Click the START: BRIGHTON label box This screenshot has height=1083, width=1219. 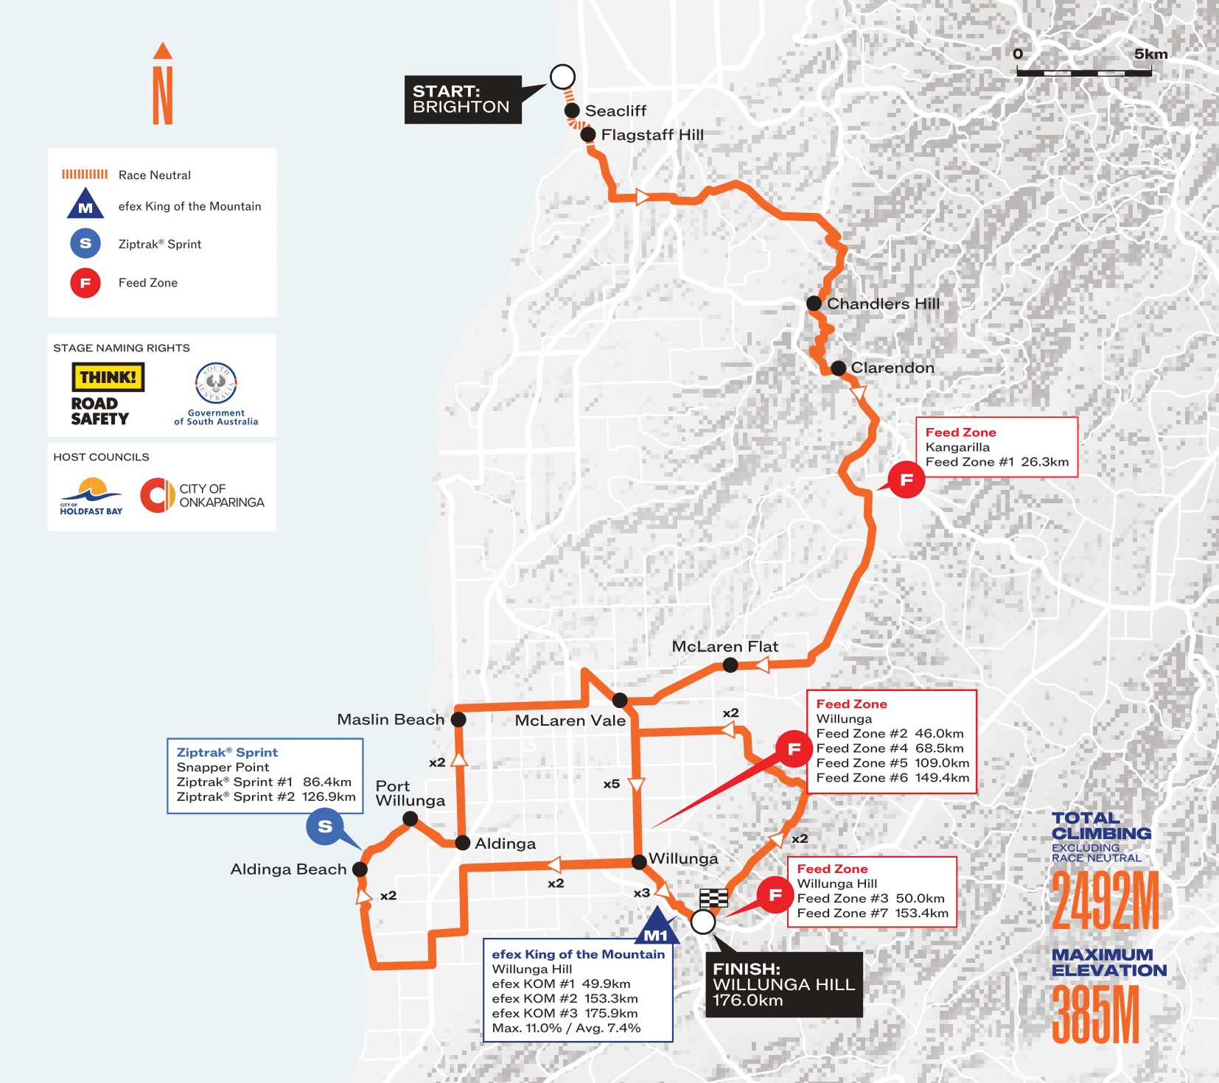[x=462, y=99]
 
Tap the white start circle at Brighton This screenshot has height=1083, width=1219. [x=562, y=77]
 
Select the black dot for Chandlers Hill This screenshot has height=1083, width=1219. [x=814, y=303]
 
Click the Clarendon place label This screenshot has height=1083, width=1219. [x=892, y=368]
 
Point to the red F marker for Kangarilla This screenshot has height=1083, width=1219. [x=906, y=480]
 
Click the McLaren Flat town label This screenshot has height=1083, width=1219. [x=724, y=646]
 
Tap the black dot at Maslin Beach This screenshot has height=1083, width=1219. [x=458, y=719]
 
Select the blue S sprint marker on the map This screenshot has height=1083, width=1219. [x=325, y=827]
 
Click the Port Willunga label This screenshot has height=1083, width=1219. [x=410, y=793]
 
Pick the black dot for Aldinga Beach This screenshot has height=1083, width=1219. [x=360, y=869]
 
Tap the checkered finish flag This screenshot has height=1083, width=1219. [x=713, y=898]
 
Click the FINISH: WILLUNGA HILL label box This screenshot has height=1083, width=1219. [x=783, y=984]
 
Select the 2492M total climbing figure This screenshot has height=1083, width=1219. [x=1105, y=900]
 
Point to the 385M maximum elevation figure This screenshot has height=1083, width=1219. [x=1096, y=1014]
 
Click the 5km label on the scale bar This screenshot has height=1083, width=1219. [x=1150, y=54]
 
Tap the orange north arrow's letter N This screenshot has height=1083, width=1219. [x=163, y=96]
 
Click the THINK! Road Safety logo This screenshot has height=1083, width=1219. [x=107, y=394]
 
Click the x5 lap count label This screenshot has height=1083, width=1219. [x=611, y=784]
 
